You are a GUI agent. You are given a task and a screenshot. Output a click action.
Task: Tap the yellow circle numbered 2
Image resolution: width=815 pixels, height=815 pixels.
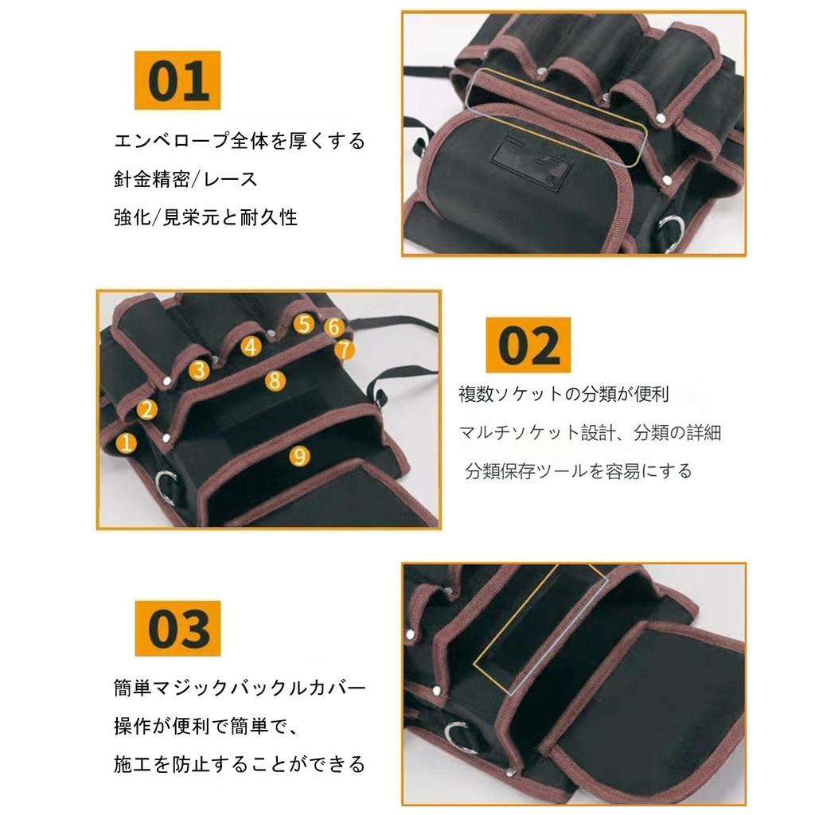point(147,410)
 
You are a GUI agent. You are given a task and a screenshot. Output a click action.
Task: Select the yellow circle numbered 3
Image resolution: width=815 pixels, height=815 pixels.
point(200,370)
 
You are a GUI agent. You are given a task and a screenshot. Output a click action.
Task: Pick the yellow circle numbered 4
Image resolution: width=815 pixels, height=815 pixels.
point(252,346)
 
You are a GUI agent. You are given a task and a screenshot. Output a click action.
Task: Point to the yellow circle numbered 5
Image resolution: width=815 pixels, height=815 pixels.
point(303,323)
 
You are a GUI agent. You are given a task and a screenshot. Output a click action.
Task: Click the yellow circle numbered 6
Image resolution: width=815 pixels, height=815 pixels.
point(334,327)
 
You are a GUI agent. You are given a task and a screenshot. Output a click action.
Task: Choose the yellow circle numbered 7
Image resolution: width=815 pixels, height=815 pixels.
point(344,349)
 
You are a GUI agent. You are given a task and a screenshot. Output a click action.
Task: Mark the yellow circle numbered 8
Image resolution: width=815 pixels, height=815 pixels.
point(275,380)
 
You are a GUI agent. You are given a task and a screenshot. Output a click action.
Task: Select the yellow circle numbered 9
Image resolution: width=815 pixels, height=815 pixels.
point(298,455)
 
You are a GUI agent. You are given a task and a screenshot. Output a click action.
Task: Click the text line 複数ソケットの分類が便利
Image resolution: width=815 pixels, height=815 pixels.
point(563,394)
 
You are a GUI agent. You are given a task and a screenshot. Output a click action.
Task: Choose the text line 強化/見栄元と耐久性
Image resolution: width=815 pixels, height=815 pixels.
point(205,217)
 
